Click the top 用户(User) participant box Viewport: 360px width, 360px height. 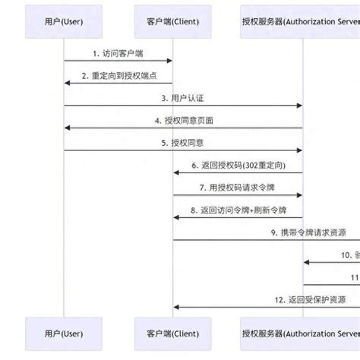(x=64, y=22)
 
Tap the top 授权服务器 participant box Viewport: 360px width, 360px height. (x=299, y=22)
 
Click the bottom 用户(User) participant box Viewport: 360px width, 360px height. (x=64, y=334)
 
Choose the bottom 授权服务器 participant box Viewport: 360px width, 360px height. (x=299, y=334)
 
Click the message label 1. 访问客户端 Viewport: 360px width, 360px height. (x=118, y=53)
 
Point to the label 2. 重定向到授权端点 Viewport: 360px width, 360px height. (x=118, y=76)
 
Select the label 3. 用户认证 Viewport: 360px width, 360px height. (x=183, y=98)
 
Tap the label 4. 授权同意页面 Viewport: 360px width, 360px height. (x=183, y=120)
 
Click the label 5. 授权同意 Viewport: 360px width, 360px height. (x=183, y=142)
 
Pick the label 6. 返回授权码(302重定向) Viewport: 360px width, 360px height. (x=238, y=165)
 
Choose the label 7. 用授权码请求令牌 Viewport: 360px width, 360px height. (x=238, y=187)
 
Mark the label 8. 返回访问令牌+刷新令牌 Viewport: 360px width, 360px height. (x=238, y=209)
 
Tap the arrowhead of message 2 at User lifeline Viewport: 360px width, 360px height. (x=67, y=83)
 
